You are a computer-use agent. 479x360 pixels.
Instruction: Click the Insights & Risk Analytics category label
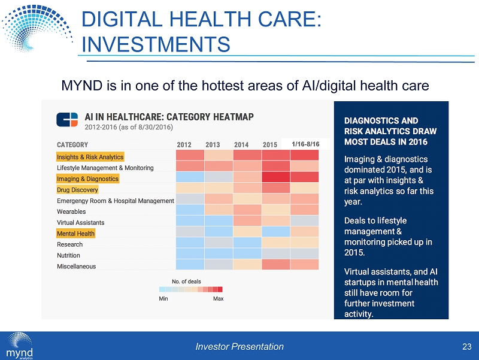[90, 157]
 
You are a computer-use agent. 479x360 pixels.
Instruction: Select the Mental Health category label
[75, 233]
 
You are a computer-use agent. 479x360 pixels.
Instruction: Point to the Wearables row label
[71, 211]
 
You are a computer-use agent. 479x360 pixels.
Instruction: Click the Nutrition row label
[69, 255]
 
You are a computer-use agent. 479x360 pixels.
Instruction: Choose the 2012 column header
[184, 145]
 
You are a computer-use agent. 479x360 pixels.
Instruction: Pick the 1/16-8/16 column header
[305, 144]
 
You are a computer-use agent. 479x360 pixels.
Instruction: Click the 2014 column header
[241, 145]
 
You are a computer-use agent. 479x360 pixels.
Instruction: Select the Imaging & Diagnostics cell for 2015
[275, 178]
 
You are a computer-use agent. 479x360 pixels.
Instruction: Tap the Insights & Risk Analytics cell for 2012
[190, 156]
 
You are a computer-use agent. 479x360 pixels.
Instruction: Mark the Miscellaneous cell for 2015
[275, 265]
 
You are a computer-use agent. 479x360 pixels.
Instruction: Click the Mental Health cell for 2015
[275, 232]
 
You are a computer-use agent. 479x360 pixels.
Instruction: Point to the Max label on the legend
[219, 298]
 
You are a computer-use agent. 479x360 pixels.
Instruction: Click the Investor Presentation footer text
[239, 346]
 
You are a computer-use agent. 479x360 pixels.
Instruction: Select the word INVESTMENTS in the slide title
[156, 44]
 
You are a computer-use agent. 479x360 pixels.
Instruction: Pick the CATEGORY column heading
[72, 145]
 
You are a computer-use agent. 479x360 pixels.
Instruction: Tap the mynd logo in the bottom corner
[20, 344]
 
